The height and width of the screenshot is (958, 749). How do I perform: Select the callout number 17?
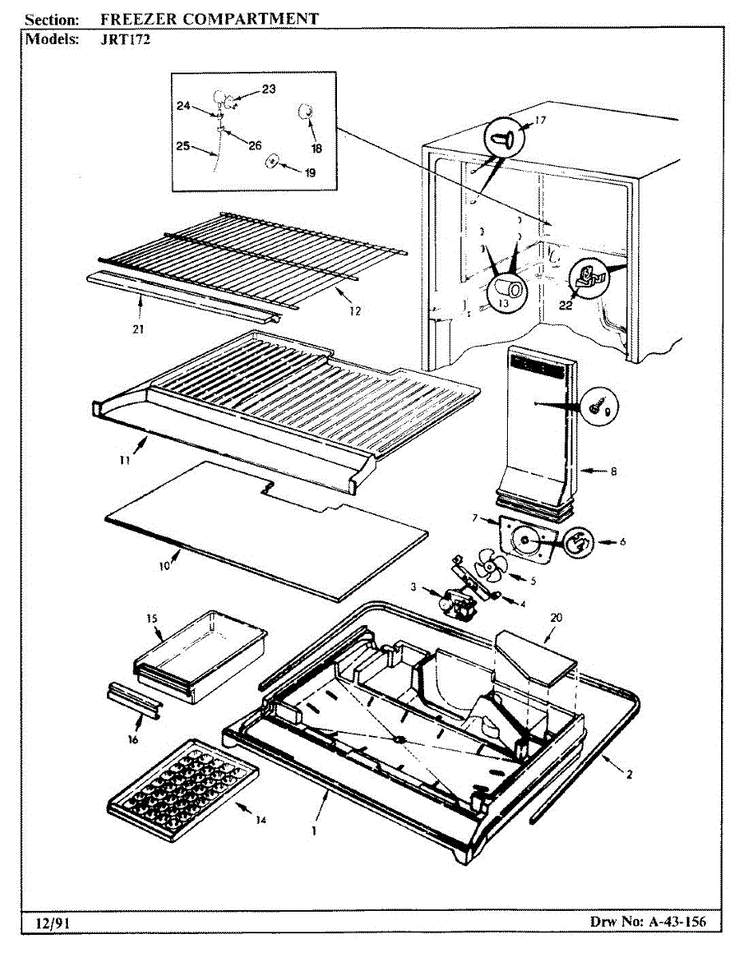tap(541, 121)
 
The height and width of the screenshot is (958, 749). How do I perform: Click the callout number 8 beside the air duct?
tap(613, 471)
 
